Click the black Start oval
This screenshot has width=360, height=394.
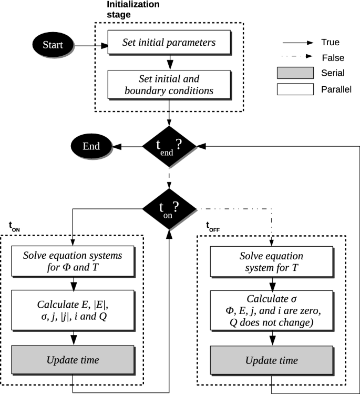[53, 45]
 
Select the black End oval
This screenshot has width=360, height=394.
[91, 146]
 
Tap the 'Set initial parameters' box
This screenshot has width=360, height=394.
[169, 42]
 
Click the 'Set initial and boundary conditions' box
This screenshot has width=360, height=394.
[169, 84]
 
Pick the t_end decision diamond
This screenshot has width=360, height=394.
[169, 146]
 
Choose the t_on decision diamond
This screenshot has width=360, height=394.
[169, 209]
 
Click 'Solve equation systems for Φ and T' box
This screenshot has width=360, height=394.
[73, 261]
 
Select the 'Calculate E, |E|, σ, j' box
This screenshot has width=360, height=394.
[73, 310]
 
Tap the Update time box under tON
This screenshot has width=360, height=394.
[73, 360]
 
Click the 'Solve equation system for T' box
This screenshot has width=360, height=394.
[272, 261]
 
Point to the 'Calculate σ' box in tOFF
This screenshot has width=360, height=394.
[272, 310]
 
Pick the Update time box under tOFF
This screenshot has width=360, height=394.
[272, 360]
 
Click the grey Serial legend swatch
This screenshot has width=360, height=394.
[295, 73]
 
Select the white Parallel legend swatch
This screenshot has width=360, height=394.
[295, 89]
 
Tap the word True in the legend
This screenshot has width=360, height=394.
[331, 42]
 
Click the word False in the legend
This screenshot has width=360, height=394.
[333, 58]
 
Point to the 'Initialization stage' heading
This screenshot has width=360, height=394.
[133, 9]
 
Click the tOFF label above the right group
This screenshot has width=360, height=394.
[213, 226]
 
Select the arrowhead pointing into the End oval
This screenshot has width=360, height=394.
[117, 146]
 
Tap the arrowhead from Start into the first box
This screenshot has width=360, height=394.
[104, 46]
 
